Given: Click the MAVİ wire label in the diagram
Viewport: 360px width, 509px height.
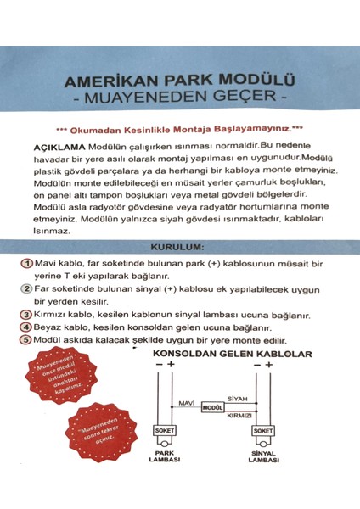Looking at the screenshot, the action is (x=186, y=402).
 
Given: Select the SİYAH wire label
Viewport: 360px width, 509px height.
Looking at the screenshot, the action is (x=239, y=398).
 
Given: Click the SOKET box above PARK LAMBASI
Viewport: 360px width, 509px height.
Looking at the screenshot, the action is (x=164, y=430).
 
